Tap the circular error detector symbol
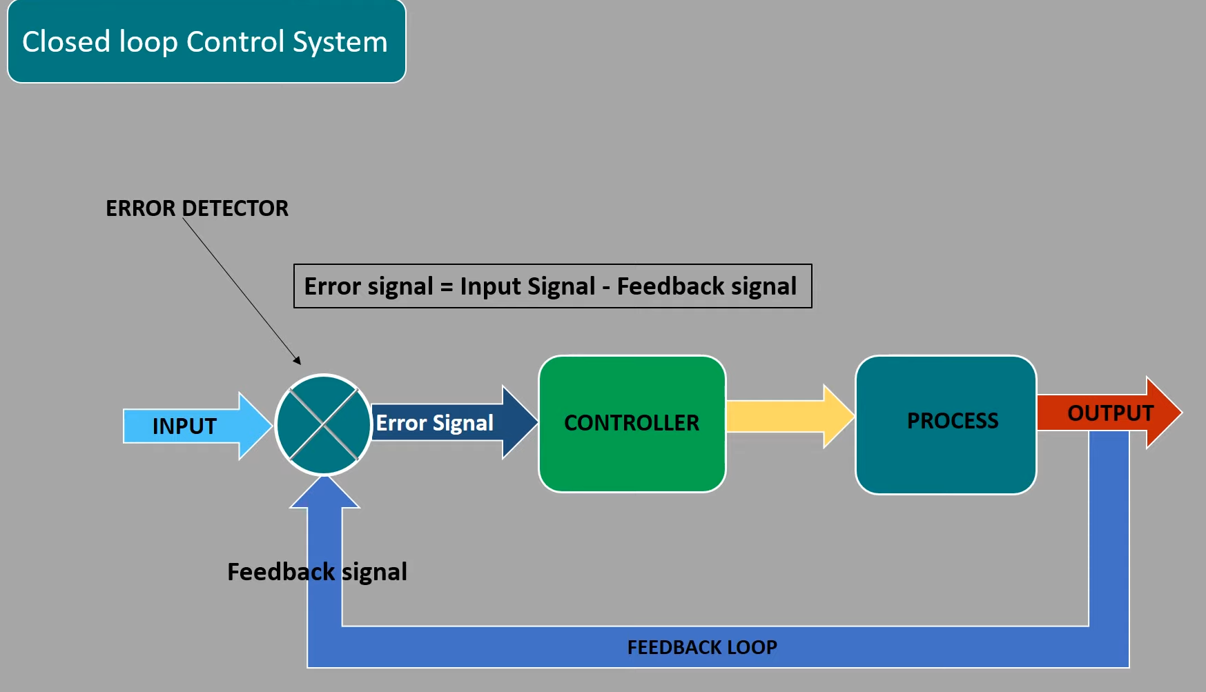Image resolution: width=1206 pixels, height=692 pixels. [323, 425]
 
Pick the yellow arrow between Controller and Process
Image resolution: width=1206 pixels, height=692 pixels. [787, 417]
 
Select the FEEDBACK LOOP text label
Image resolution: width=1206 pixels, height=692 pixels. [702, 647]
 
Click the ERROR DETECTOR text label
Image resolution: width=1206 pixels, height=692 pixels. [197, 208]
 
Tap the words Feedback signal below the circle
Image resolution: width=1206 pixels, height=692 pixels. [317, 572]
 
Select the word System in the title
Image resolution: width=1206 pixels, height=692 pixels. [340, 42]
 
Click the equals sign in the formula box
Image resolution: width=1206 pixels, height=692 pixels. [447, 287]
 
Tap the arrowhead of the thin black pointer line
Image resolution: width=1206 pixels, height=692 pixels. [298, 360]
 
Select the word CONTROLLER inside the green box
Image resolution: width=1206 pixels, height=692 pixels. [632, 422]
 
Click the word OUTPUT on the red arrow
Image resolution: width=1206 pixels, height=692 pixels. [1110, 413]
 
